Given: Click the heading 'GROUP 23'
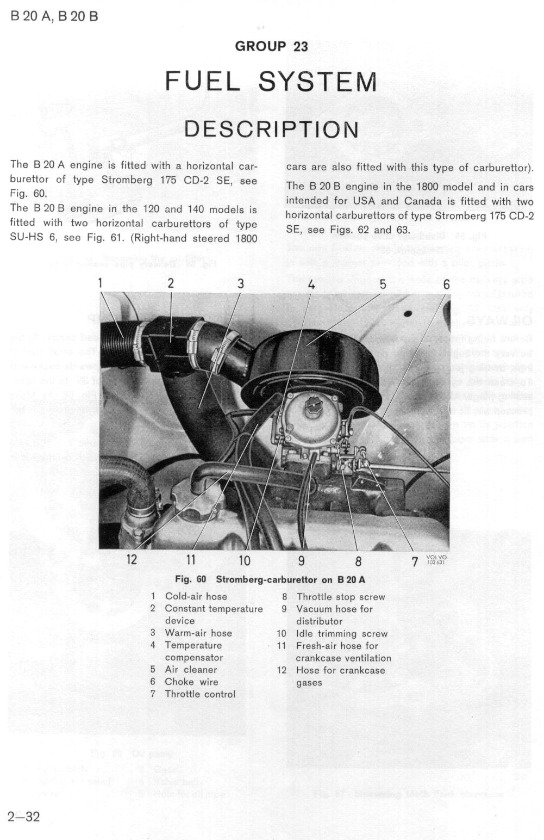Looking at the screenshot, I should (271, 46).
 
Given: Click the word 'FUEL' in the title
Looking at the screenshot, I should (203, 82).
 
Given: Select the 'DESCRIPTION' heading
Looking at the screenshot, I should (271, 129).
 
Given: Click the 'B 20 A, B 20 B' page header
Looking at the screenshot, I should (54, 16).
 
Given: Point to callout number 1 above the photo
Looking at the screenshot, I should (101, 282).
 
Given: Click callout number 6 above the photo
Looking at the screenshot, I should (446, 285).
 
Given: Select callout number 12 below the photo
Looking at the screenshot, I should (132, 559).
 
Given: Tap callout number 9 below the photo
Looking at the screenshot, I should (301, 560).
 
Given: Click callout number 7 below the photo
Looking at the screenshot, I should (414, 561).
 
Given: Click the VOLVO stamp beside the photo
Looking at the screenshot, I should (436, 559).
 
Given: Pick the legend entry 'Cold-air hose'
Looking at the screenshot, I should (196, 596).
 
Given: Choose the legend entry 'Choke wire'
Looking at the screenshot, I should (191, 682).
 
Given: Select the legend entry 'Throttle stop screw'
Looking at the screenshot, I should (341, 597).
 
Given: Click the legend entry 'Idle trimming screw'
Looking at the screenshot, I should (342, 634).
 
